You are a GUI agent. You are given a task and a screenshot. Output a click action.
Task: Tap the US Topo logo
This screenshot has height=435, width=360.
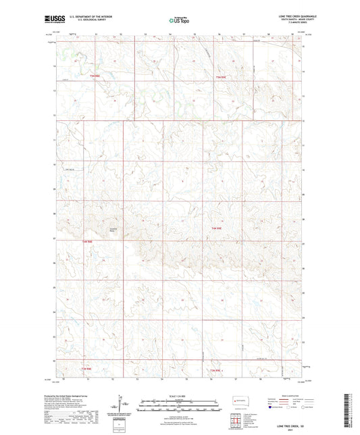tap(178, 21)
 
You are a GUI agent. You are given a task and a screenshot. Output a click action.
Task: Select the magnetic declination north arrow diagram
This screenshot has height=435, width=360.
tap(124, 407)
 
